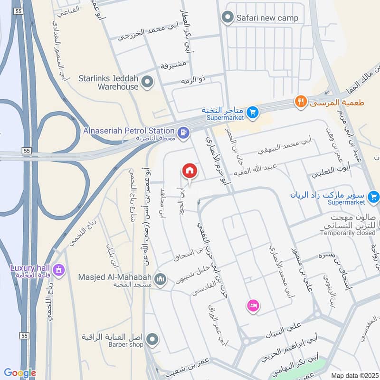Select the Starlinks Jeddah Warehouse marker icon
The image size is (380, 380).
point(148,82)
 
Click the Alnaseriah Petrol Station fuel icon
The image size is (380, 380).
point(183,132)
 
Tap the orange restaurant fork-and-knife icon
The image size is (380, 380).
point(300,101)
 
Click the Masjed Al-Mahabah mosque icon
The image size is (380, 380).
point(160,279)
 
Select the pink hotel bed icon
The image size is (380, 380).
point(252,305)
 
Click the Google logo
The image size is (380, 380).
point(20,373)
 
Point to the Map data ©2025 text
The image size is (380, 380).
point(353,375)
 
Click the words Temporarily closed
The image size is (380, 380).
point(348,233)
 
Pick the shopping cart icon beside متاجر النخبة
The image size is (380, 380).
point(253,112)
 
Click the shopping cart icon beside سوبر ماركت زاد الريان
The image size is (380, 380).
point(373,195)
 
